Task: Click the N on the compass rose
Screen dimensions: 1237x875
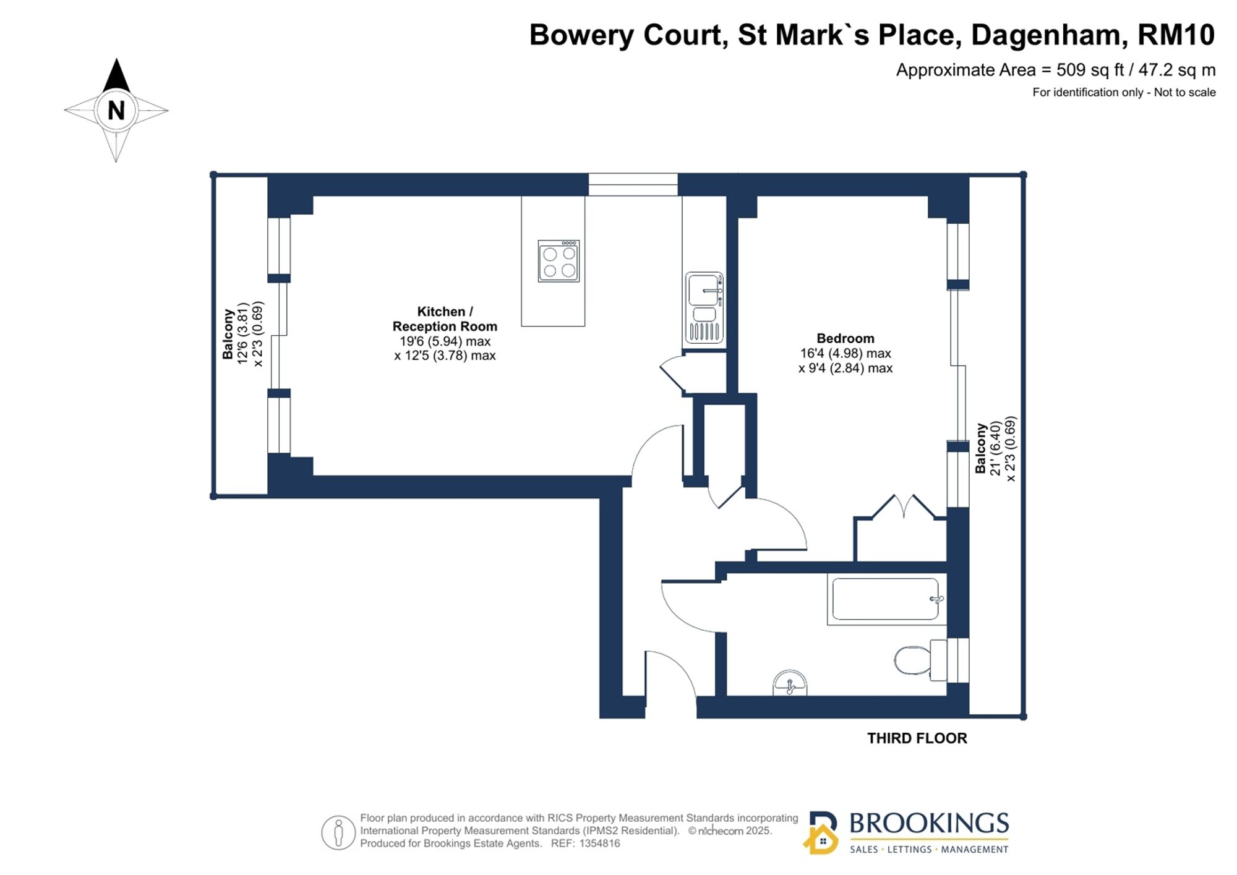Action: (x=116, y=111)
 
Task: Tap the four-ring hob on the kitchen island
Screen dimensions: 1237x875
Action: (x=559, y=261)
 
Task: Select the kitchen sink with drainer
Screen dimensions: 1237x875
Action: (x=704, y=307)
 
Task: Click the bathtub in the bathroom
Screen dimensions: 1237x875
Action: (x=885, y=599)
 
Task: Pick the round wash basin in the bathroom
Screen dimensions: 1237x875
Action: (x=790, y=683)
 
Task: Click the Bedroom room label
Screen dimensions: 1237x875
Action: (x=845, y=338)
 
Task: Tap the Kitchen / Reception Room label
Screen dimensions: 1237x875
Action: (x=445, y=319)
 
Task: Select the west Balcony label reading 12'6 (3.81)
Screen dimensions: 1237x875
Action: (x=243, y=334)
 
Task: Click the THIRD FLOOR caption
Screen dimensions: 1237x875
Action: (x=917, y=738)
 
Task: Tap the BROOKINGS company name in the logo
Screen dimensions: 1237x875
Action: (x=929, y=823)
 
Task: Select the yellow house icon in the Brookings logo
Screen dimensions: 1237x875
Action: (x=821, y=839)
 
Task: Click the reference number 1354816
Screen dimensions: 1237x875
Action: (x=599, y=843)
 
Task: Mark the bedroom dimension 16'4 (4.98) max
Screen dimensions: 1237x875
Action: (x=845, y=353)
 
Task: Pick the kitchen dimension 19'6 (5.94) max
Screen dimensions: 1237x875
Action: (x=445, y=341)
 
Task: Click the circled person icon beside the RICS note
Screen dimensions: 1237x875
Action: (x=338, y=832)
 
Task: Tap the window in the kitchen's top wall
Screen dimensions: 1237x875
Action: (x=633, y=185)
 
